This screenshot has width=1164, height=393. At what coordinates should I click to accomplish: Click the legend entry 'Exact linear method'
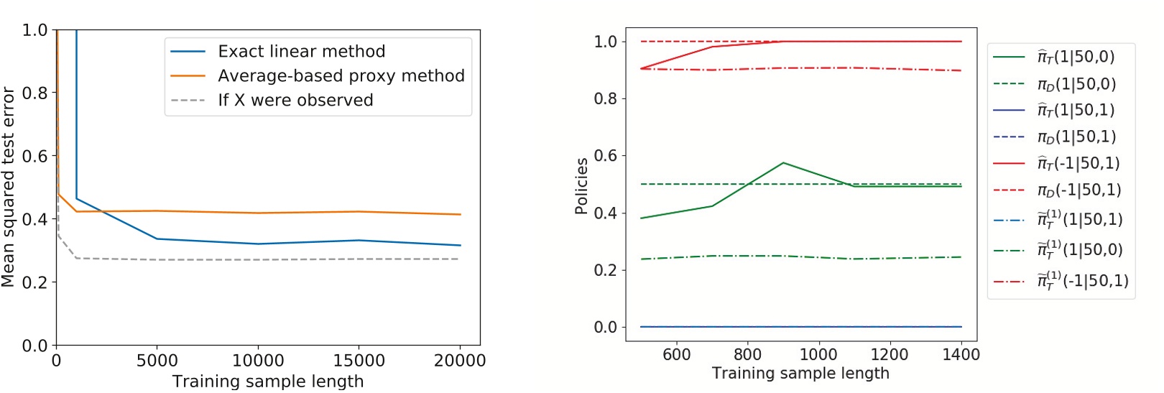[301, 52]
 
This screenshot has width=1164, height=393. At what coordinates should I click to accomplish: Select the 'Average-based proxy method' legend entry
[341, 76]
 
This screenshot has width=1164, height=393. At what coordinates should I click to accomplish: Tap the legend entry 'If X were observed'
[295, 101]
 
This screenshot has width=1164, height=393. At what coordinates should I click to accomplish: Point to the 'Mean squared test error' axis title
[9, 187]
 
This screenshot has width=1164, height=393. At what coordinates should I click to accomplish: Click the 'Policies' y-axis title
[581, 186]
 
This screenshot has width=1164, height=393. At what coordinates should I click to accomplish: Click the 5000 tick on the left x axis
[157, 361]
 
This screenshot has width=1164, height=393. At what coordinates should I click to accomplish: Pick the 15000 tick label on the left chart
[359, 361]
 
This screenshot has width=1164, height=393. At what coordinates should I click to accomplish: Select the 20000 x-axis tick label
[460, 361]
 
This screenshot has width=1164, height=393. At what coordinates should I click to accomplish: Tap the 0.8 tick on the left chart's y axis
[34, 93]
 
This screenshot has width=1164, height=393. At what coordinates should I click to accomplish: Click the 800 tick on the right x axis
[747, 355]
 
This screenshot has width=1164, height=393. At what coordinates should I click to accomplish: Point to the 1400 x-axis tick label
[961, 355]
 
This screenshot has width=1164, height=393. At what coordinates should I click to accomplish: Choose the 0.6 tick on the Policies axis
[606, 156]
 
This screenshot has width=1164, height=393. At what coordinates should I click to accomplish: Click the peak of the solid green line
[783, 163]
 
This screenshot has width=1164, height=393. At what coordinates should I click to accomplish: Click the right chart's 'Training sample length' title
[800, 374]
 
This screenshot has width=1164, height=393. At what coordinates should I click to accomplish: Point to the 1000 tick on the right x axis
[818, 355]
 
